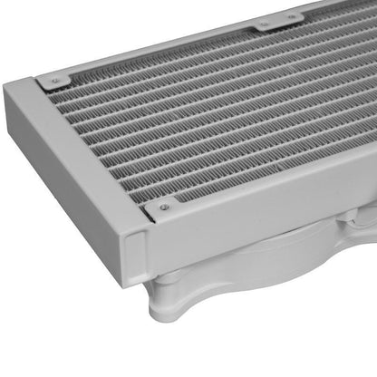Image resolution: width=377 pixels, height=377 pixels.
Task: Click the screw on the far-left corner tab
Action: coord(56,82)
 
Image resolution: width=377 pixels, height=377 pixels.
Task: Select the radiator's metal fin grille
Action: coord(208,118)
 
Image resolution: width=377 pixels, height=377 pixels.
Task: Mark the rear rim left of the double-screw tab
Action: coord(181,41)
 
